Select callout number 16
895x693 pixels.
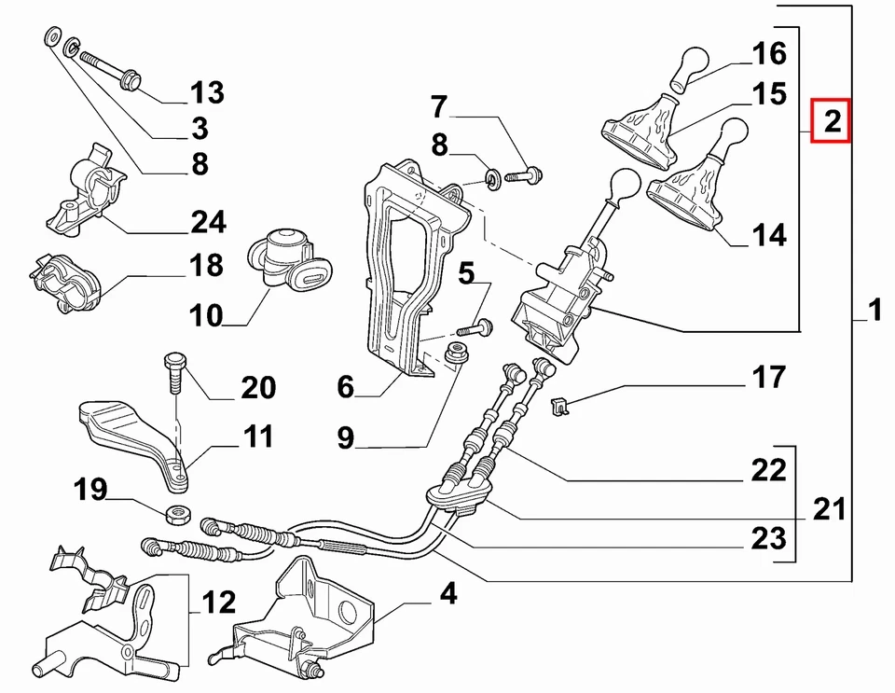tap(770, 54)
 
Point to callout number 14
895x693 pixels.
tap(769, 234)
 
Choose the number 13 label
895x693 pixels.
tap(207, 92)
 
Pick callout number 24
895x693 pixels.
tap(208, 222)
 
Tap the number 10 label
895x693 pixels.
tap(206, 316)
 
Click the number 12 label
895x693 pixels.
tap(219, 603)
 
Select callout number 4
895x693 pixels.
tap(448, 593)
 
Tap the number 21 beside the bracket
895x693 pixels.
tap(829, 509)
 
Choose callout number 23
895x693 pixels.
tap(769, 538)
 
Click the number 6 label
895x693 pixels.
tap(346, 386)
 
